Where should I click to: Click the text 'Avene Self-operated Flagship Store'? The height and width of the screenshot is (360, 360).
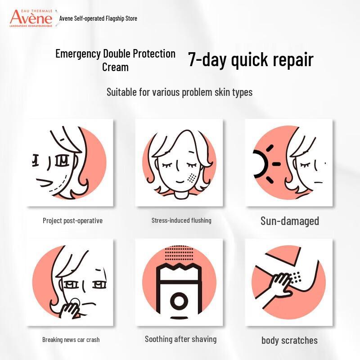point(98,18)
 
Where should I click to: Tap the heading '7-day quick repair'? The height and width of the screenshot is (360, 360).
point(250,60)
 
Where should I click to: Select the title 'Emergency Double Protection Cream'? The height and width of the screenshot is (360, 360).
point(115,60)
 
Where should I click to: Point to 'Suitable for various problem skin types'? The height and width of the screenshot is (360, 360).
point(179,92)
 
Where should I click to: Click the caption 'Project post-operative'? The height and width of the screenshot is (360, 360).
point(72,220)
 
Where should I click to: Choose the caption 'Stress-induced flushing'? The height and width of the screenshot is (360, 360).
point(181,220)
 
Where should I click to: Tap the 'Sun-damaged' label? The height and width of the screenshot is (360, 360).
point(290,221)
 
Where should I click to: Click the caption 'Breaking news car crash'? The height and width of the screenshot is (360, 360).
point(71,339)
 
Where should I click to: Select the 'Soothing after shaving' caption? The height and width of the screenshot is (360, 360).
point(180,339)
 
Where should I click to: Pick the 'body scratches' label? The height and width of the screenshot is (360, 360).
point(289,340)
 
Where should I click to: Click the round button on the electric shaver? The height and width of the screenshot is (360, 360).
point(180,300)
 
